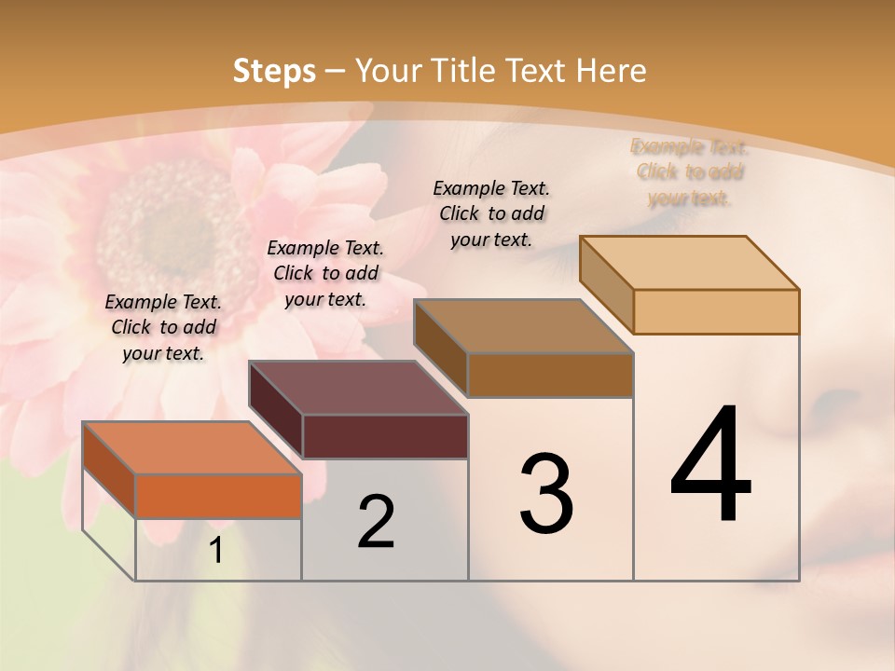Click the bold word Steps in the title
(x=274, y=71)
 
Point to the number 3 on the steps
(x=545, y=494)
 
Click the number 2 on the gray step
(x=376, y=522)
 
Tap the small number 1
(x=216, y=551)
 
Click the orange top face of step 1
(x=191, y=448)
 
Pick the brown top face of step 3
(x=523, y=326)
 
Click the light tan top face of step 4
(x=689, y=263)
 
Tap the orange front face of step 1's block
(x=218, y=496)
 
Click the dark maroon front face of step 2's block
(x=385, y=436)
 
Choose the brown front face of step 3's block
(x=550, y=375)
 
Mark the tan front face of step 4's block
(x=716, y=311)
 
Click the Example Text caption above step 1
(x=163, y=327)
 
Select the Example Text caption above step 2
(x=325, y=273)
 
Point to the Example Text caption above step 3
(x=491, y=213)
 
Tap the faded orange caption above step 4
(x=690, y=172)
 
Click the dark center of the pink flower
(x=172, y=224)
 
